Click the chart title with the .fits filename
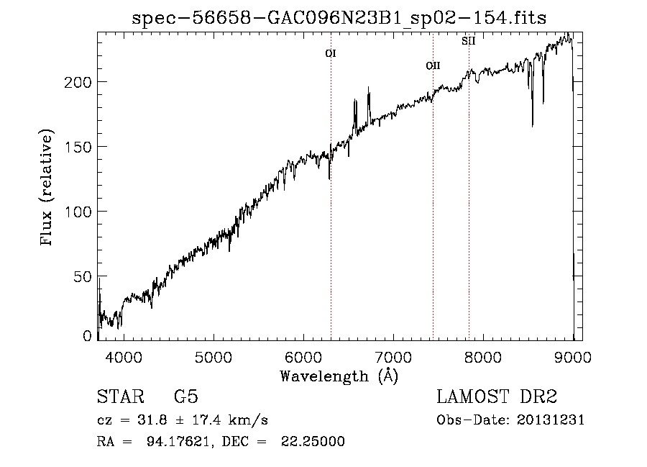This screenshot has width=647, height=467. click(339, 18)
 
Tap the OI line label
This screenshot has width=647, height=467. click(331, 53)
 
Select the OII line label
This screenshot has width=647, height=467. click(433, 66)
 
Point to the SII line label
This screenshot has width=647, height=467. click(468, 41)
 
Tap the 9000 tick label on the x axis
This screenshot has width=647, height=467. click(573, 357)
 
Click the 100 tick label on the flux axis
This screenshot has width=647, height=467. click(78, 212)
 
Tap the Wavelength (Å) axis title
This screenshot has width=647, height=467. click(339, 375)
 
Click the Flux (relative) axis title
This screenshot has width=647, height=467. click(48, 189)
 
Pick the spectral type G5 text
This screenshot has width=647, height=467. click(185, 397)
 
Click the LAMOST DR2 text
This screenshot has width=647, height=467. click(497, 397)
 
